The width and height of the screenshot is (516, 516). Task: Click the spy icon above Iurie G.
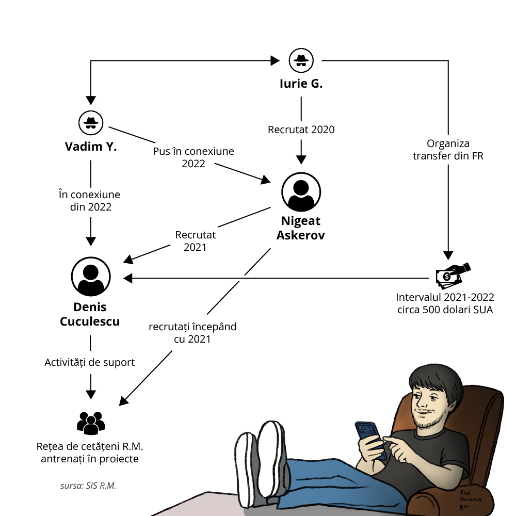pyautogui.click(x=301, y=60)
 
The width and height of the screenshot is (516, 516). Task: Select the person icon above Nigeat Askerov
pyautogui.click(x=301, y=191)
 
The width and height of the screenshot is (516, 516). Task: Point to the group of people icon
pyautogui.click(x=91, y=423)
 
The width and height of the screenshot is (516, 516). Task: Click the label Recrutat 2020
pyautogui.click(x=301, y=130)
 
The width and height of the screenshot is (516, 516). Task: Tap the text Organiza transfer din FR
pyautogui.click(x=448, y=150)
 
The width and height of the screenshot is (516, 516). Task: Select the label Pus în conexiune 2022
pyautogui.click(x=193, y=157)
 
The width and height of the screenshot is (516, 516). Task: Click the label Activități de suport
pyautogui.click(x=90, y=362)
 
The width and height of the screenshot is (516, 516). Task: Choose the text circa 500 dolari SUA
pyautogui.click(x=445, y=310)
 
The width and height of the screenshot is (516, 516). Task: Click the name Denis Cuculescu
pyautogui.click(x=90, y=314)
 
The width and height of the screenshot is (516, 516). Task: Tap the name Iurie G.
pyautogui.click(x=301, y=84)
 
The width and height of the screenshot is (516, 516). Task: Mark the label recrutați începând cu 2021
pyautogui.click(x=192, y=333)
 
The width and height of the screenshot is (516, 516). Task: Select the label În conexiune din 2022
pyautogui.click(x=90, y=201)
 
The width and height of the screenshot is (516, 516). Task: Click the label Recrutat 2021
pyautogui.click(x=196, y=241)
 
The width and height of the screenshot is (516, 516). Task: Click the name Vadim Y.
pyautogui.click(x=91, y=147)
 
